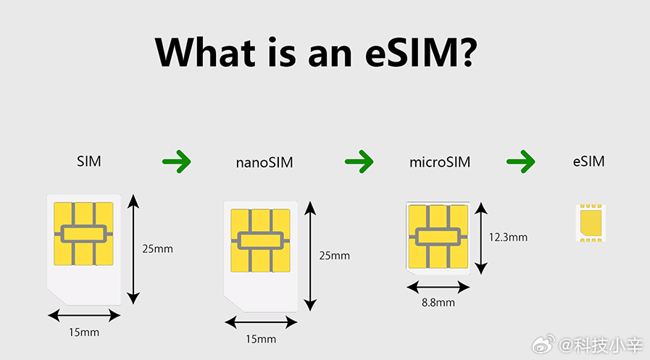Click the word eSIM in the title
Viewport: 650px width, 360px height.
[x=415, y=52]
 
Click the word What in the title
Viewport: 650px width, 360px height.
[x=205, y=52]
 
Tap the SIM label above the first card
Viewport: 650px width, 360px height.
[x=88, y=161]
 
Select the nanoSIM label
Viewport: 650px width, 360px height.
[x=264, y=162]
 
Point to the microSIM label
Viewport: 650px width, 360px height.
[x=440, y=162]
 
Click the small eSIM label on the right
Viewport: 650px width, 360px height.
[x=588, y=161]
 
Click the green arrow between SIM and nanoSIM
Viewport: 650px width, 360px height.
[x=177, y=161]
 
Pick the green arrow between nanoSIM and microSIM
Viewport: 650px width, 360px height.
[x=359, y=161]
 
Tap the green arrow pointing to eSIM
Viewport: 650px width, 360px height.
[x=521, y=161]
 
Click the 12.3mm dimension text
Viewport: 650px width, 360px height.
[x=508, y=238]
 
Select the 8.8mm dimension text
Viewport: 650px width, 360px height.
[x=438, y=303]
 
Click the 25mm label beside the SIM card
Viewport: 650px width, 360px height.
[x=157, y=249]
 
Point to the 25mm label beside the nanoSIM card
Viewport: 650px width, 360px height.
[x=334, y=256]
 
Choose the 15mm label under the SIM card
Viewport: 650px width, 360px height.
[x=84, y=332]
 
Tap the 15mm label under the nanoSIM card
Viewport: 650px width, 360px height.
[x=261, y=339]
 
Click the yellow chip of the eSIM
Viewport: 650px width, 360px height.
[x=591, y=222]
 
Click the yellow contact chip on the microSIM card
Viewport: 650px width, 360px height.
[x=438, y=237]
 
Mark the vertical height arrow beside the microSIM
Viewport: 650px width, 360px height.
[x=481, y=238]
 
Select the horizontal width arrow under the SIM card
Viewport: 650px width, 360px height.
[x=84, y=316]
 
